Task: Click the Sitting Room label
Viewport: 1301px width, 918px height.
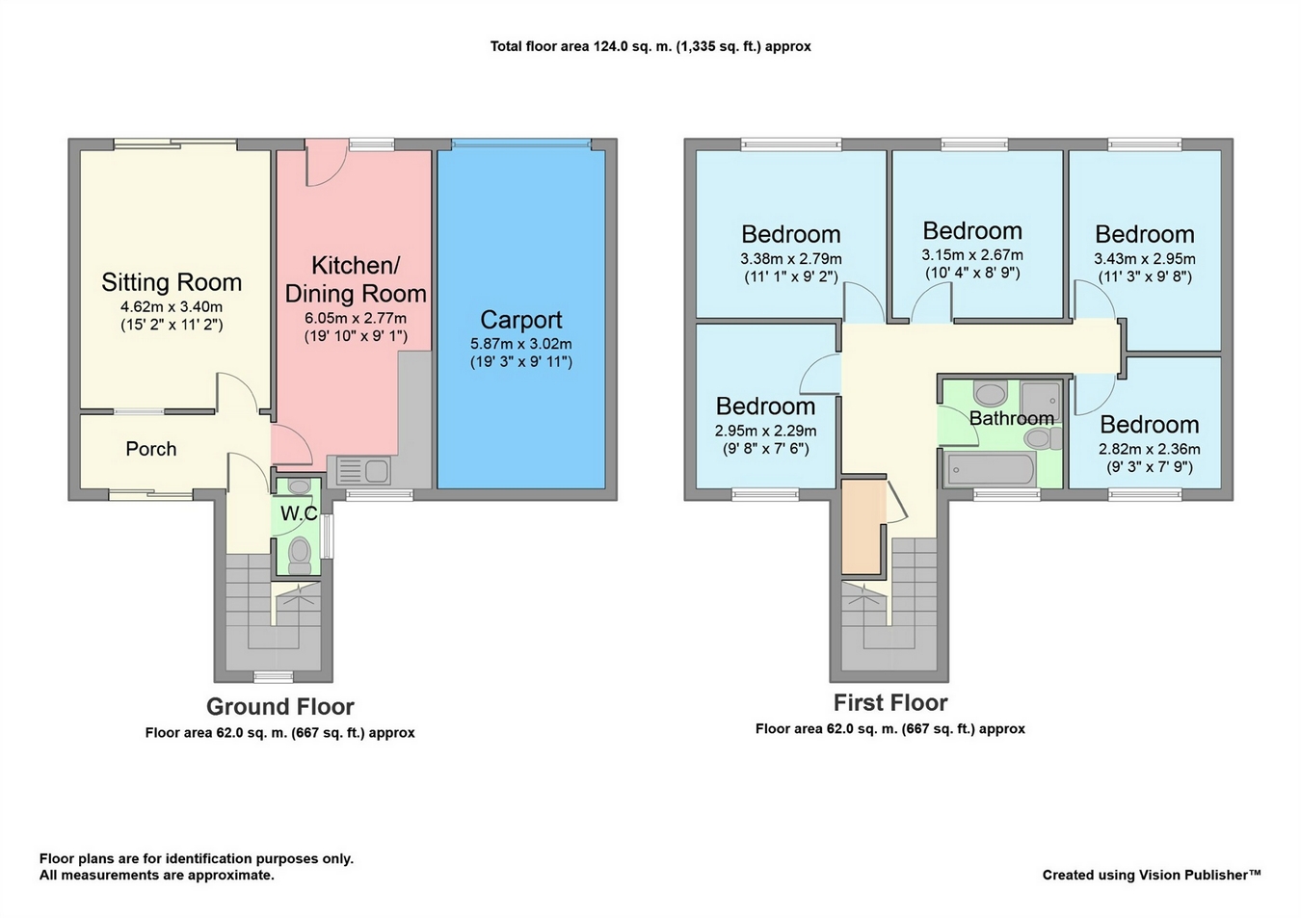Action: [x=172, y=282]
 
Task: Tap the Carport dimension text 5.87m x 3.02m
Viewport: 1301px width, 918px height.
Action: [x=521, y=344]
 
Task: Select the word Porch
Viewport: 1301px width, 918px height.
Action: [x=151, y=449]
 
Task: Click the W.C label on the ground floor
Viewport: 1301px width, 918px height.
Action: [x=299, y=513]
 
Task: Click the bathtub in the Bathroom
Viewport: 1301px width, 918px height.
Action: [x=991, y=470]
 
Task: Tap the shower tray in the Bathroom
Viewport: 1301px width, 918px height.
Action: [x=1040, y=402]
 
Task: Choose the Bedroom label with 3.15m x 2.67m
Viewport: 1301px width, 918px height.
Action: [x=972, y=231]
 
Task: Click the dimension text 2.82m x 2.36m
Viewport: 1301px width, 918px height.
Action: [x=1149, y=450]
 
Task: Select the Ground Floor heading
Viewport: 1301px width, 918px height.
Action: [x=279, y=707]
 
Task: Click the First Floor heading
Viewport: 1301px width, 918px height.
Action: [x=890, y=702]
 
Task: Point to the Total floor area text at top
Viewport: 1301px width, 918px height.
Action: [x=650, y=46]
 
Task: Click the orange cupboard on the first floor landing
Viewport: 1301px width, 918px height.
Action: [x=863, y=527]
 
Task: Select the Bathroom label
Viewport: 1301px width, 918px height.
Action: [x=1011, y=418]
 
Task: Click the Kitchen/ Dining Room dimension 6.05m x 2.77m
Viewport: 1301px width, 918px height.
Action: [x=356, y=318]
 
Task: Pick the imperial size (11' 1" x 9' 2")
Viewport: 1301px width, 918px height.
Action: [x=791, y=277]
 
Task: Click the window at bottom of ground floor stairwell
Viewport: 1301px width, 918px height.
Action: [x=274, y=675]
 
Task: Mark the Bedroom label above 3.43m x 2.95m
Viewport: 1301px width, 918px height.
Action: [x=1145, y=235]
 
